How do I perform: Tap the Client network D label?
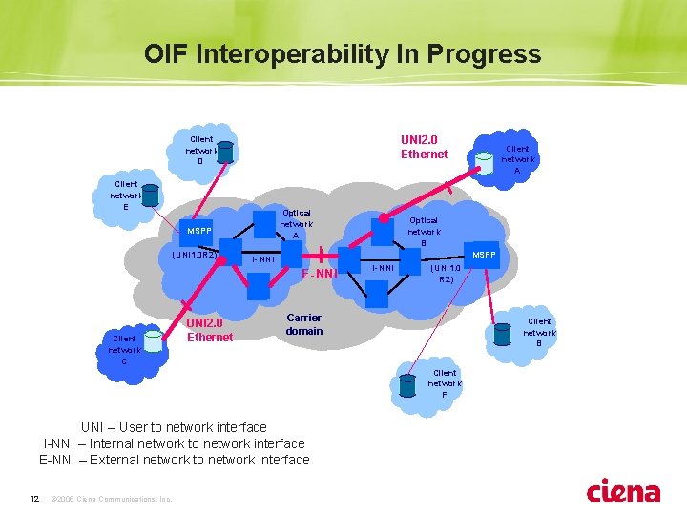pyautogui.click(x=200, y=150)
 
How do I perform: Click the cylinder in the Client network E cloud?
pyautogui.click(x=150, y=196)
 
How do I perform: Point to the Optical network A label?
pyautogui.click(x=296, y=224)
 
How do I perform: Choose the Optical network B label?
pyautogui.click(x=424, y=231)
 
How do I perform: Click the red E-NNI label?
pyautogui.click(x=321, y=275)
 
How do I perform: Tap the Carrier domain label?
pyautogui.click(x=304, y=324)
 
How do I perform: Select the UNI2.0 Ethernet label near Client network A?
pyautogui.click(x=424, y=146)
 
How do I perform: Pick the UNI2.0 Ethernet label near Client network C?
pyautogui.click(x=210, y=330)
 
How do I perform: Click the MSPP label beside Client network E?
pyautogui.click(x=199, y=231)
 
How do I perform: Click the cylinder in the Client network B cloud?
pyautogui.click(x=501, y=333)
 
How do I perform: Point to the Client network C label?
pyautogui.click(x=124, y=349)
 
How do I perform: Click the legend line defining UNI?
pyautogui.click(x=174, y=426)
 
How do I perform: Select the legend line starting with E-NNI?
pyautogui.click(x=174, y=460)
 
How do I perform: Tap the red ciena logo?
pyautogui.click(x=623, y=491)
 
